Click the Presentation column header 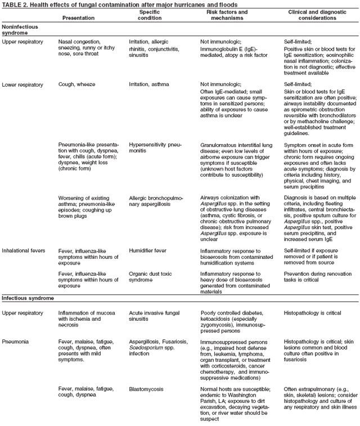(78, 17)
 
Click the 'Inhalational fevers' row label (23, 250)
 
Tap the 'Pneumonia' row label (15, 341)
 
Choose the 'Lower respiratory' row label (22, 84)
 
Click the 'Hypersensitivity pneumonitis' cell (155, 147)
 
